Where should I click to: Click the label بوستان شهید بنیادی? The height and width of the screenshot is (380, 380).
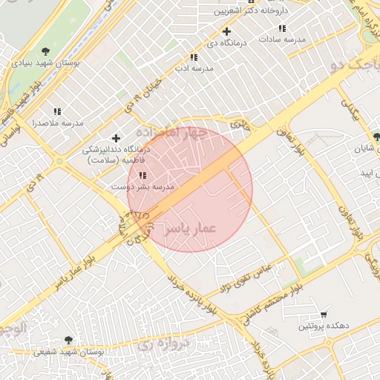[x=46, y=65]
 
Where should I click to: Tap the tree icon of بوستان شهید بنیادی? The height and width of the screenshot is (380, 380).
[x=46, y=51]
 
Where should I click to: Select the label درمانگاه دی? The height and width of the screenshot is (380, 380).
[x=221, y=44]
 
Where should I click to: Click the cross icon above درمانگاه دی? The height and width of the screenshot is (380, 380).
[x=226, y=31]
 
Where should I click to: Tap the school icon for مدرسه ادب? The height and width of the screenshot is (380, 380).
[x=194, y=57]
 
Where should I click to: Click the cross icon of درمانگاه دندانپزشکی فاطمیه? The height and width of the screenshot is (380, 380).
[x=116, y=138]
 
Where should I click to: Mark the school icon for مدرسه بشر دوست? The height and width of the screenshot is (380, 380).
[x=142, y=176]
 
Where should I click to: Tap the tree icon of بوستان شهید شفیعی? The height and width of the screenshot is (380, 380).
[x=70, y=339]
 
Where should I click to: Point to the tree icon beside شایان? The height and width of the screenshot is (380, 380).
[x=376, y=137]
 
